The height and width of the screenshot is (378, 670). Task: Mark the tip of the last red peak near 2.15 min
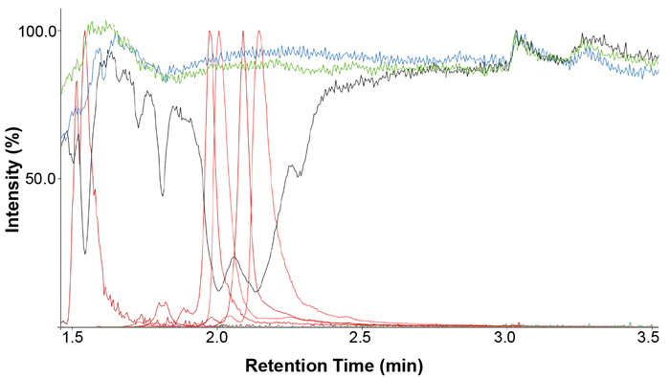[x=258, y=32]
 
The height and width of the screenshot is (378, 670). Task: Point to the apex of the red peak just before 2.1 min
[x=243, y=32]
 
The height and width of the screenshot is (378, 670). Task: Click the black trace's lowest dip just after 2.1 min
[x=256, y=291]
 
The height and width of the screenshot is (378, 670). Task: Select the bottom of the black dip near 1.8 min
[x=163, y=195]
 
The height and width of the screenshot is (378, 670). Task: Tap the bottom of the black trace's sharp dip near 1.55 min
[x=85, y=254]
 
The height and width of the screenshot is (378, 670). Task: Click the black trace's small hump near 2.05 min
[x=234, y=257]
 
